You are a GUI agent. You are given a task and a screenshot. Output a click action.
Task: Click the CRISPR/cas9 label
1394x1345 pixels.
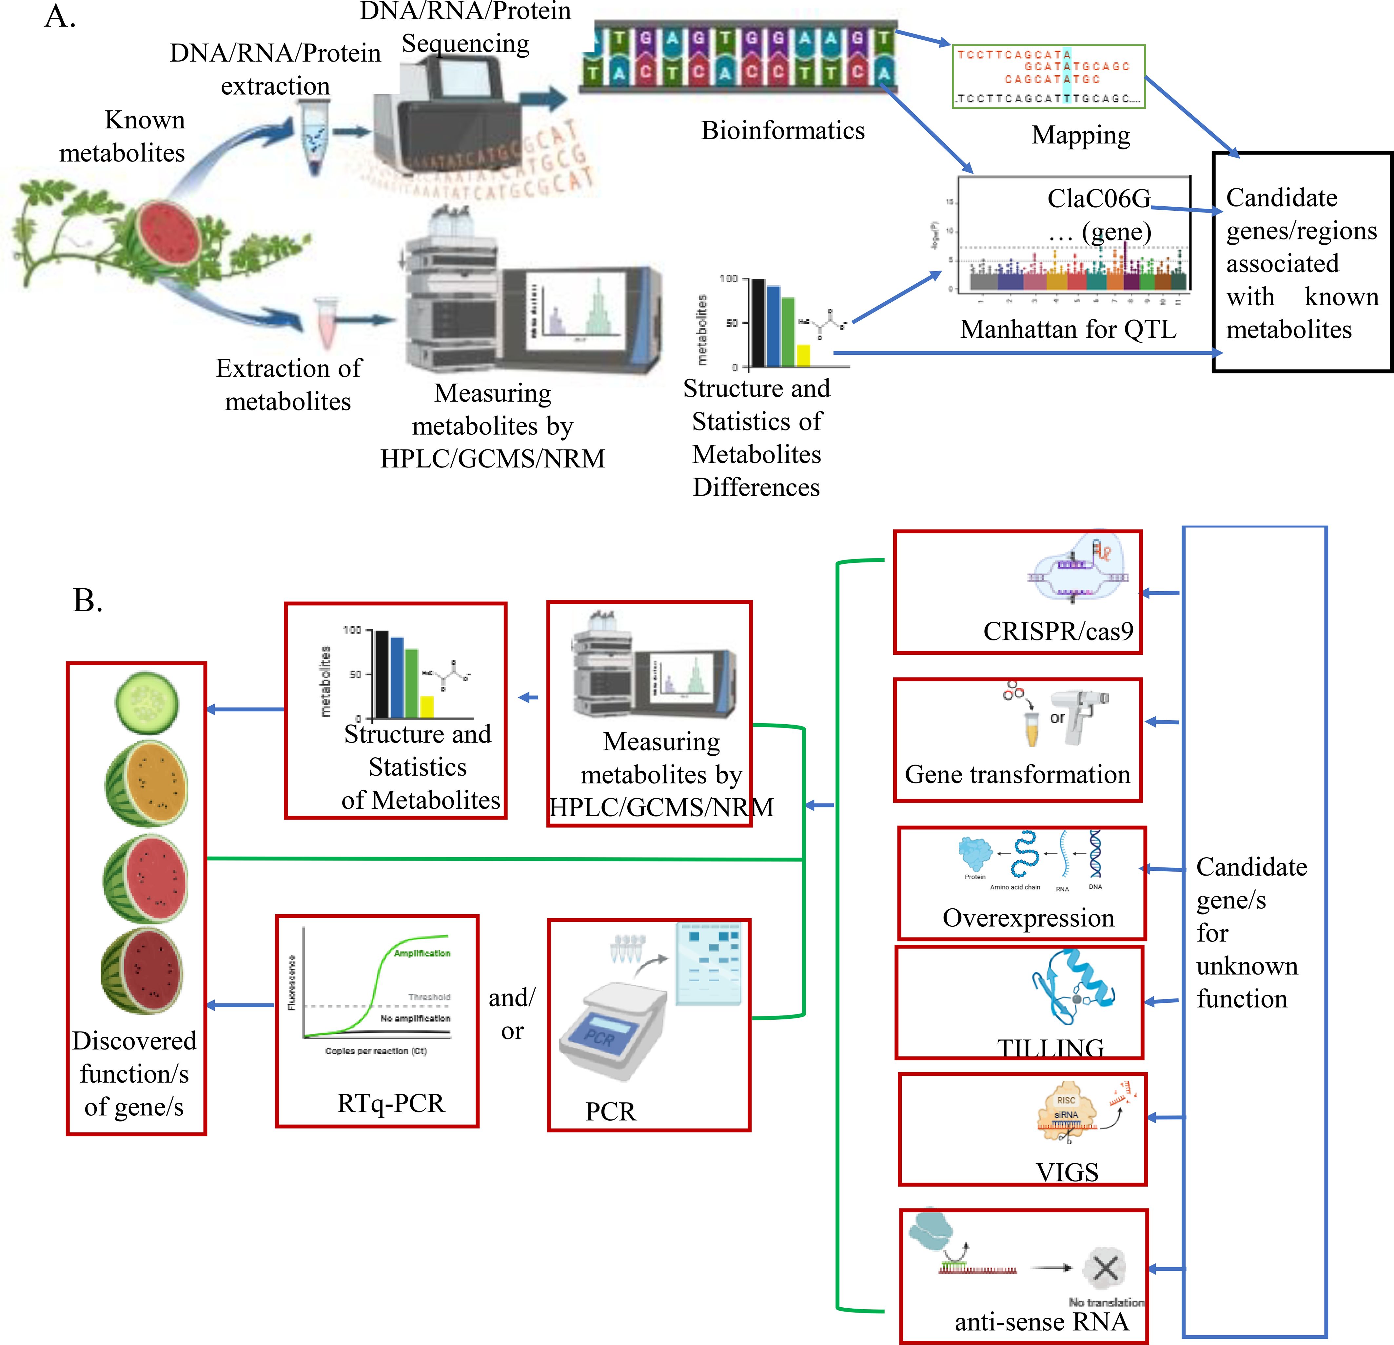(x=1058, y=631)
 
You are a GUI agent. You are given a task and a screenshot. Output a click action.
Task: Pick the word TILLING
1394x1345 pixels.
(x=1050, y=1048)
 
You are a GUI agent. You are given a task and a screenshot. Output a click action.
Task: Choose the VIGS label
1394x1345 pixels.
(x=1067, y=1171)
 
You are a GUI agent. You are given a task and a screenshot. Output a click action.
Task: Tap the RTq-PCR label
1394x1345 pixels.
(x=390, y=1103)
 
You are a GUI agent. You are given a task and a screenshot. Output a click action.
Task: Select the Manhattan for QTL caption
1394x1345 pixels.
(x=1068, y=329)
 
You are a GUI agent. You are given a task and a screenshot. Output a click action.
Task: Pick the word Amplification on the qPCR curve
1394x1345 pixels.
(x=422, y=953)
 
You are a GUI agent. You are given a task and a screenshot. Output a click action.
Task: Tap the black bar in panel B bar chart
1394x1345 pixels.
(x=382, y=674)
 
